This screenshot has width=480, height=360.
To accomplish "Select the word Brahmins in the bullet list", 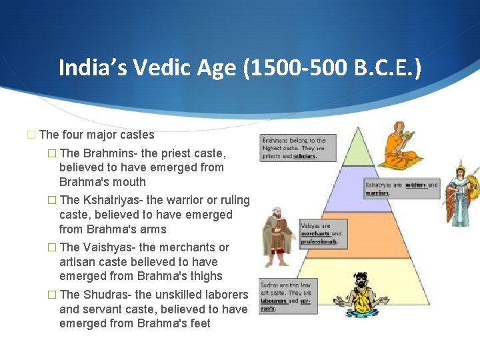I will [106, 153].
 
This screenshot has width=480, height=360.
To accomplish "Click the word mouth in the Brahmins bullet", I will [131, 182].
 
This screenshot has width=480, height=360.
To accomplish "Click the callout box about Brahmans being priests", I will [293, 148].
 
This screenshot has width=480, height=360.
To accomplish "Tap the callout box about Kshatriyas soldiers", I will [401, 189].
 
